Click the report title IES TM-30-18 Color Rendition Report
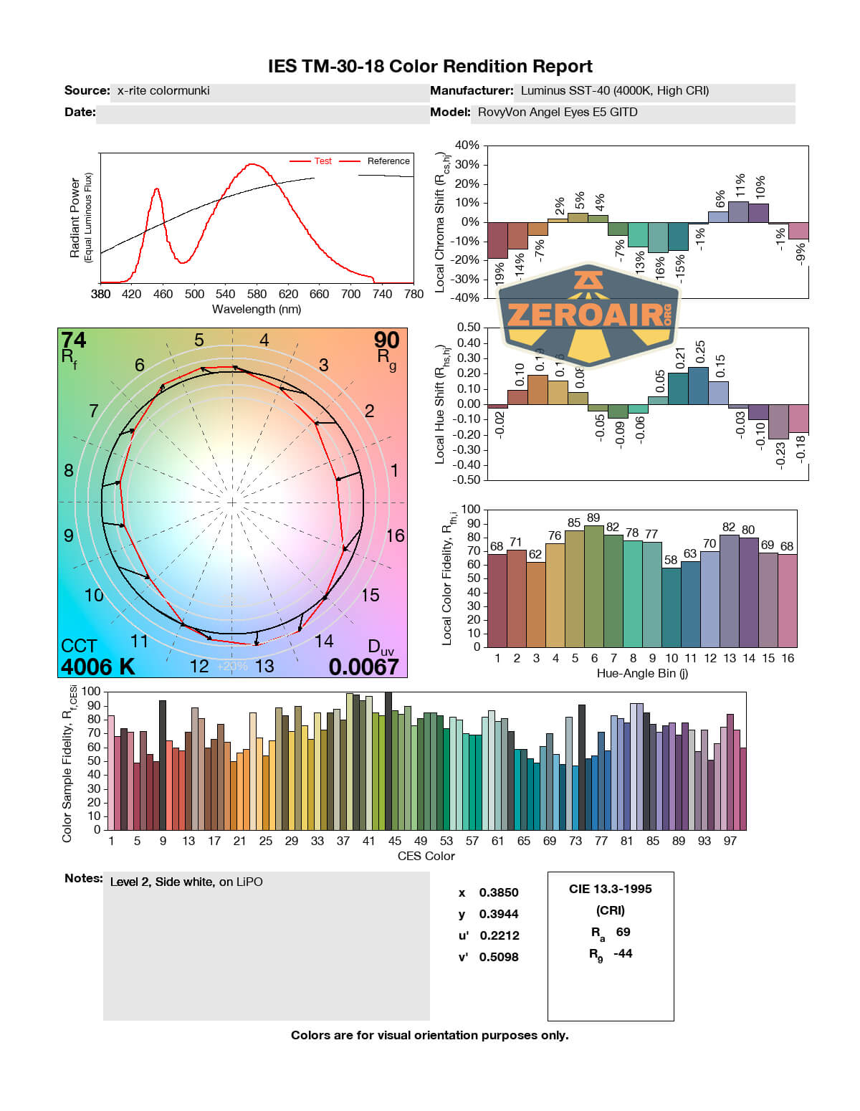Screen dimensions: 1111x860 click(x=430, y=67)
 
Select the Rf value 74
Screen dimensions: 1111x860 click(x=74, y=340)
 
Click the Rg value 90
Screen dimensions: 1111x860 click(x=386, y=340)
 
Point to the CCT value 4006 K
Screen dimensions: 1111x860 click(x=97, y=667)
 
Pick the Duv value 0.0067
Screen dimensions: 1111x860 click(x=363, y=667)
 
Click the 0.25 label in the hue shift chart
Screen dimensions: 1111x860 click(x=701, y=352)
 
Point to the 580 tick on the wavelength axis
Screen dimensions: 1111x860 click(x=257, y=294)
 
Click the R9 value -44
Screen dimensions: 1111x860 click(x=623, y=953)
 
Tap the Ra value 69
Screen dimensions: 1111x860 click(x=623, y=932)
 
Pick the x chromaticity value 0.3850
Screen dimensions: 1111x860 click(x=499, y=892)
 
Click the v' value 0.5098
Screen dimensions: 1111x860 click(x=499, y=957)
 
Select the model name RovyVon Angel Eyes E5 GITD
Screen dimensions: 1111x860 click(x=558, y=113)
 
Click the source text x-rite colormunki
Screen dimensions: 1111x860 click(x=163, y=91)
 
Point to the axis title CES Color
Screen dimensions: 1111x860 click(x=426, y=856)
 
